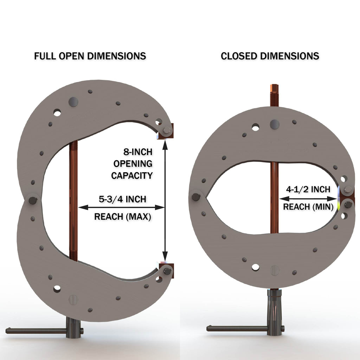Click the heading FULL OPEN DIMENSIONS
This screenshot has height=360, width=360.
[90, 56]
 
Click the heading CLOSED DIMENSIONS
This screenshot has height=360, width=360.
[270, 56]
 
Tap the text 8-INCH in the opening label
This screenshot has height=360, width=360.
[138, 152]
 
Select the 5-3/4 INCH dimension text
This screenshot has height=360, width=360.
[122, 199]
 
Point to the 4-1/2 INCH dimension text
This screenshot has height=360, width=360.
[308, 189]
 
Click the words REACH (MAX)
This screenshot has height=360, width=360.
[122, 217]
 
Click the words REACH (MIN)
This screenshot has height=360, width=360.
[308, 207]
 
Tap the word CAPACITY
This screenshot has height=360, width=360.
[132, 175]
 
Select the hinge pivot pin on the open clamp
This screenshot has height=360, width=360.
[33, 200]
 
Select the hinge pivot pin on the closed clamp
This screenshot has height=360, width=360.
[196, 197]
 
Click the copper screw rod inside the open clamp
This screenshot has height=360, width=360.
[73, 200]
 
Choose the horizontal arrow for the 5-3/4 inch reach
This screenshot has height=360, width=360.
[121, 207]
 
